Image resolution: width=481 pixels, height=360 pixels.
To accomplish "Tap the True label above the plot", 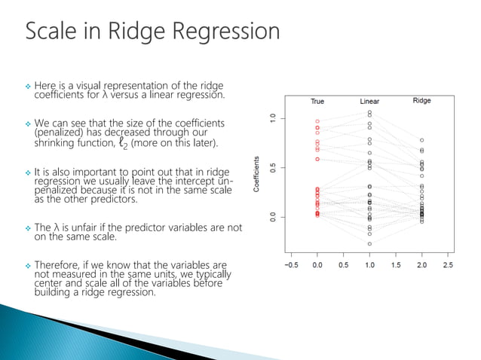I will [317, 102].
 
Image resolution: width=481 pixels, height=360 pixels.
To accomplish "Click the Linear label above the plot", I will [369, 102].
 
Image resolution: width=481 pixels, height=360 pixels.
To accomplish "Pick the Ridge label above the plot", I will [421, 101].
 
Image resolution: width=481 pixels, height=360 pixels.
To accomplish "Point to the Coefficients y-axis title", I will [257, 173].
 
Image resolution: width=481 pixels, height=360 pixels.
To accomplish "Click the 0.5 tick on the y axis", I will [273, 167].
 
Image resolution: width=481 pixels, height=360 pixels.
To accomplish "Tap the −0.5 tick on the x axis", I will [291, 265].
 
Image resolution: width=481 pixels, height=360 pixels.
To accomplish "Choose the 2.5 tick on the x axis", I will [448, 265].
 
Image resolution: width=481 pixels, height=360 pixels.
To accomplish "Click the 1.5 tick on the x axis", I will [396, 265].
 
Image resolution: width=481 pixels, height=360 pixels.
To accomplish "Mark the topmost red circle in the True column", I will [317, 121].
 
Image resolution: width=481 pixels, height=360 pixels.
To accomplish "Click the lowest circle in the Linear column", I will [369, 244].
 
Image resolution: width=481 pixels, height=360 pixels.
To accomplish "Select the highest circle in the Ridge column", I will [421, 140].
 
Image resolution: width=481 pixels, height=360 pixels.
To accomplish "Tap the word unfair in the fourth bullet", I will [87, 227].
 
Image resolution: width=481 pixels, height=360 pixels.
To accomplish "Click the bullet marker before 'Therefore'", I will [27, 266].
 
